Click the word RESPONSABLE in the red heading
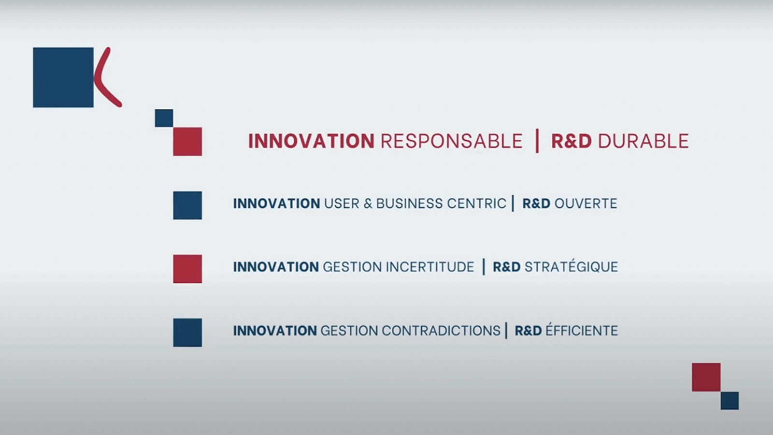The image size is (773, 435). pyautogui.click(x=452, y=141)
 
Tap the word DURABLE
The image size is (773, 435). pyautogui.click(x=643, y=141)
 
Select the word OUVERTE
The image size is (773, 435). pyautogui.click(x=586, y=203)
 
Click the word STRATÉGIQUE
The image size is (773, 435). pyautogui.click(x=571, y=266)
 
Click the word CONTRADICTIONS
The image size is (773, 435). pyautogui.click(x=441, y=331)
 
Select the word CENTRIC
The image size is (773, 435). pyautogui.click(x=476, y=203)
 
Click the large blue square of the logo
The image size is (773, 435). pyautogui.click(x=63, y=77)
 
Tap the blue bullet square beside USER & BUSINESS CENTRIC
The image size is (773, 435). pyautogui.click(x=187, y=205)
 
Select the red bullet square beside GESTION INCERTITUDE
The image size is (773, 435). pyautogui.click(x=187, y=269)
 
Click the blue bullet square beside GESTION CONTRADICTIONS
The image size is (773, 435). pyautogui.click(x=187, y=333)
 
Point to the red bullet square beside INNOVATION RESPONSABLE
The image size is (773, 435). pyautogui.click(x=187, y=142)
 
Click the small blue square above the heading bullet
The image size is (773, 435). pyautogui.click(x=164, y=118)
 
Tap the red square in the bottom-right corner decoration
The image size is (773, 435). pyautogui.click(x=706, y=377)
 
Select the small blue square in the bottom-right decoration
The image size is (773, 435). pyautogui.click(x=730, y=401)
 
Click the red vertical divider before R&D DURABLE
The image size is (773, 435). pyautogui.click(x=537, y=141)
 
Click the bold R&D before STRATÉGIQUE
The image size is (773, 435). pyautogui.click(x=507, y=267)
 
